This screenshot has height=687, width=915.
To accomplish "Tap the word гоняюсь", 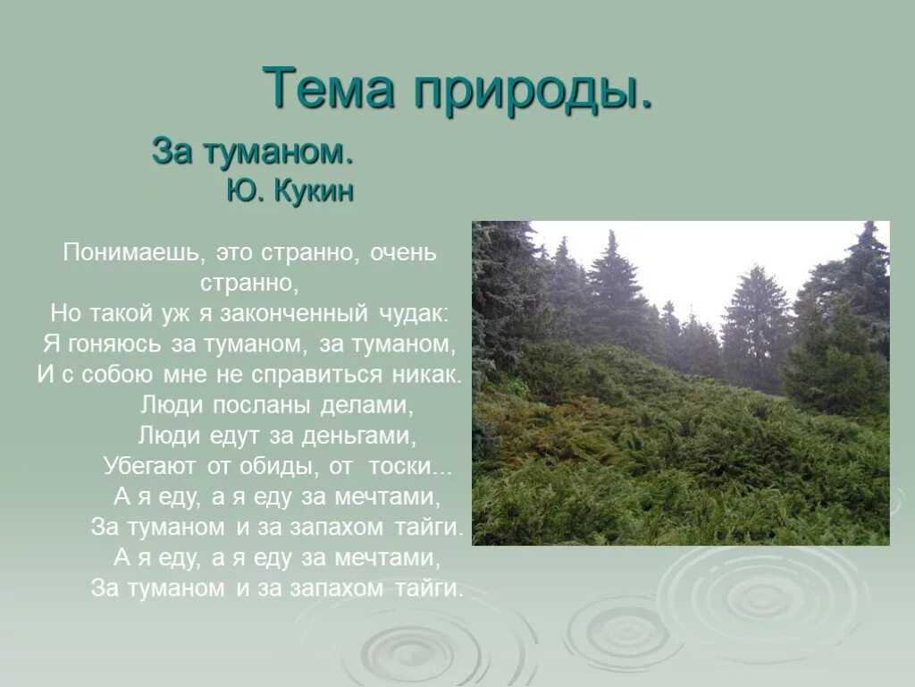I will tap(113, 343).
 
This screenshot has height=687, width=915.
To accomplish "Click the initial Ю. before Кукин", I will tap(242, 191).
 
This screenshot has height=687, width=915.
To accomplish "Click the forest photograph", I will tap(680, 383).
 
